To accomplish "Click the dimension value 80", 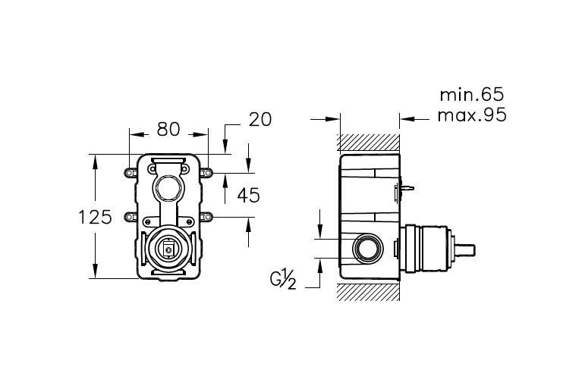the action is [168, 129].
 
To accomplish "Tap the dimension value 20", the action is [260, 120].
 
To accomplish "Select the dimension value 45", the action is [248, 196].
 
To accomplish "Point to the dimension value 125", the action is [95, 217].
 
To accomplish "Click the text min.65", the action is [472, 95].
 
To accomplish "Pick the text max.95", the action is [472, 115].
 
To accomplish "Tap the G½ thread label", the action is [283, 278].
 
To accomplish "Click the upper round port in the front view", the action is [168, 188].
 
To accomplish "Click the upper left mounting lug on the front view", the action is [131, 173].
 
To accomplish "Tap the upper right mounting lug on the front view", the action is [206, 173].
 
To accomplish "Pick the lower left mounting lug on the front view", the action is [131, 217].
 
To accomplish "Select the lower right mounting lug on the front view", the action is [206, 217].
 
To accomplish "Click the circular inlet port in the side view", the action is [368, 248].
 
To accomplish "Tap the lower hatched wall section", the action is [369, 291].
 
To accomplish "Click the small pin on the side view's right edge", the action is [408, 188].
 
